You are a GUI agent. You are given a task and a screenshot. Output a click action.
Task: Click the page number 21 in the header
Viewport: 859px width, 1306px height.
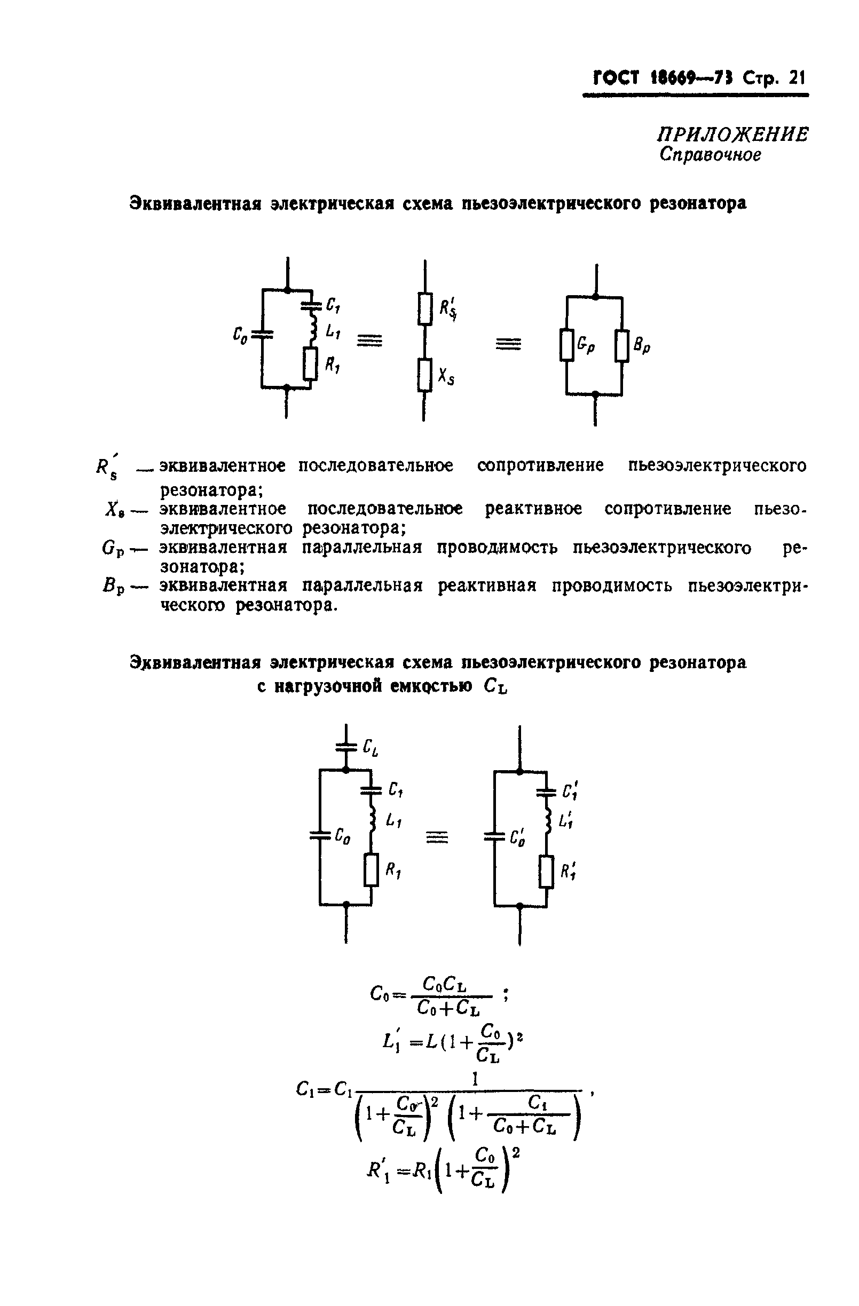pos(796,78)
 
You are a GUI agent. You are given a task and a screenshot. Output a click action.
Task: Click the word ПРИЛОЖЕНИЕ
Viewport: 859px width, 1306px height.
pos(734,134)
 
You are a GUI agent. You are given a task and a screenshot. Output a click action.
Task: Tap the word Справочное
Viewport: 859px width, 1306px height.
pos(710,155)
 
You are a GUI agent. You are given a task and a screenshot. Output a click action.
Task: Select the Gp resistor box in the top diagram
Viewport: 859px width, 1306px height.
pos(566,345)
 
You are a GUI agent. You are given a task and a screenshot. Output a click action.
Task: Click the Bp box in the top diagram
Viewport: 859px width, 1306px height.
pos(621,345)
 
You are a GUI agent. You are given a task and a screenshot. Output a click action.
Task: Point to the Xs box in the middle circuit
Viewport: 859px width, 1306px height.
pos(424,375)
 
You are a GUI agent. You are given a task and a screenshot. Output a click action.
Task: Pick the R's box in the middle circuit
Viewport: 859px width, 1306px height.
pos(424,310)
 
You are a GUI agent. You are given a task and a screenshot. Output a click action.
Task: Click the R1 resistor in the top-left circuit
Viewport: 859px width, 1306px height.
pos(311,364)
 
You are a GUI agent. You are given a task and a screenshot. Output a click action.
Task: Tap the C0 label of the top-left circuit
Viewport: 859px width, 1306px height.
pos(239,334)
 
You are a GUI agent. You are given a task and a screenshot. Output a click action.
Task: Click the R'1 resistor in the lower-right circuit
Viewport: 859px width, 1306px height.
pos(546,872)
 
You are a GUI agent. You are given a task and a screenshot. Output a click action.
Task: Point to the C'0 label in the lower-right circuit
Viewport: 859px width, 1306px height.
pos(517,838)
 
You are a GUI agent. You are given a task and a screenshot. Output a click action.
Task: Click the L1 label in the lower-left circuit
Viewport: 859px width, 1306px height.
pos(393,820)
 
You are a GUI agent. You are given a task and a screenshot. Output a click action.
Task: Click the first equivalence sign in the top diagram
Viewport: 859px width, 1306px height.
pos(370,342)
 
